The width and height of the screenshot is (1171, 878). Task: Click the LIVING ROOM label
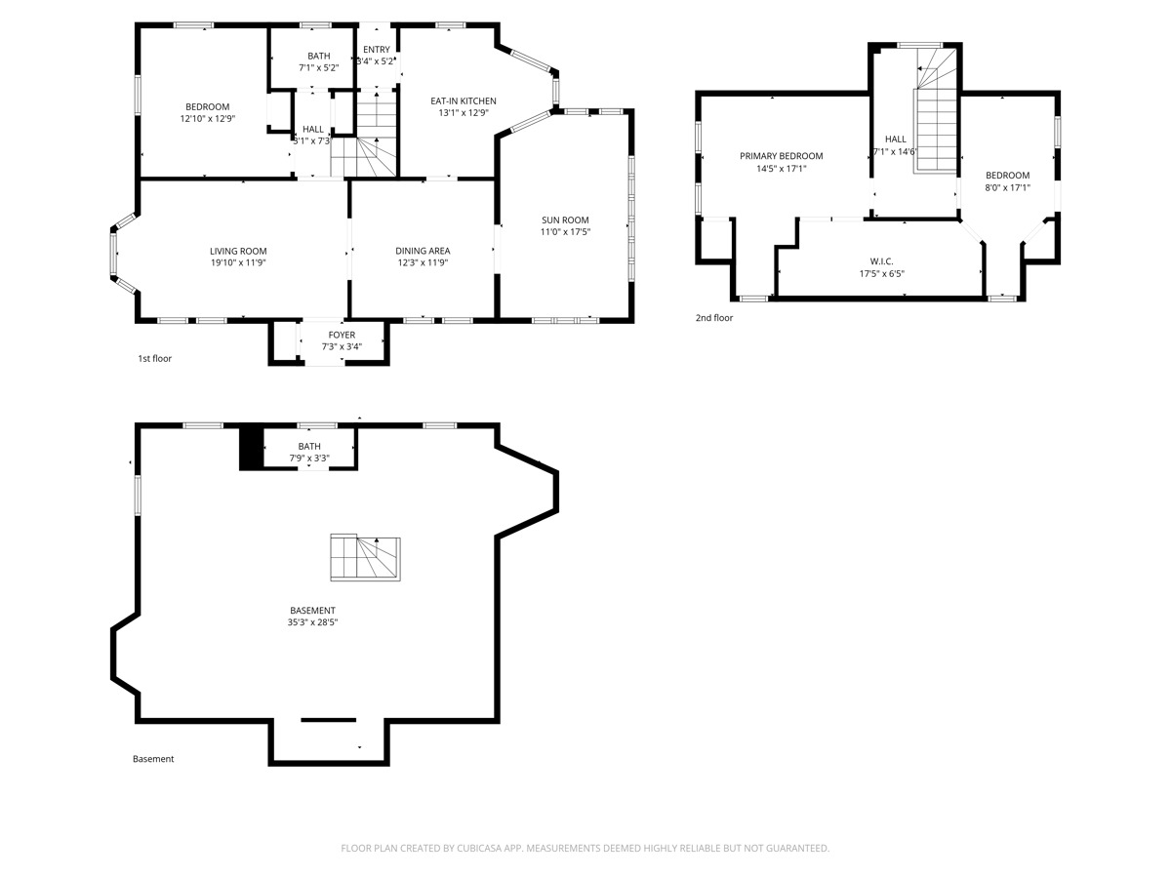(238, 251)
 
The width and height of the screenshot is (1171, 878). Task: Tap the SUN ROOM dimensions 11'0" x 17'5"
(565, 232)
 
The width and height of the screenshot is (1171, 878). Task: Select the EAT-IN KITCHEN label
(464, 100)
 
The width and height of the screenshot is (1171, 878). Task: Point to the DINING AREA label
(423, 251)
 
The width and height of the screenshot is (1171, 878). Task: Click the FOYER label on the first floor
(342, 335)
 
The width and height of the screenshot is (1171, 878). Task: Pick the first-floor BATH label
(318, 56)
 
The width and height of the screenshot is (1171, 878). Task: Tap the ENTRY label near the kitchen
(377, 50)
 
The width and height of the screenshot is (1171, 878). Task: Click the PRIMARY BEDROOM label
(781, 156)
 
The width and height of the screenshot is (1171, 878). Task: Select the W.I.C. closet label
(881, 261)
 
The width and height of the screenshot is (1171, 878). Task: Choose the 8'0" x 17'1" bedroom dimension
(1007, 188)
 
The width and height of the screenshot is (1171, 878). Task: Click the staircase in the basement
(365, 558)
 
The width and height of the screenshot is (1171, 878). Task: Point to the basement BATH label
(309, 446)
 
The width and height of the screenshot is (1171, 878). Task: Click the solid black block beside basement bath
(252, 448)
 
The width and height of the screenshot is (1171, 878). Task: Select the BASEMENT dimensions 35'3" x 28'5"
(312, 622)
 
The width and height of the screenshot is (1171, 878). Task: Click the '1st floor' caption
(154, 359)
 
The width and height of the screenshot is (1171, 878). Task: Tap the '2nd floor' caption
(713, 318)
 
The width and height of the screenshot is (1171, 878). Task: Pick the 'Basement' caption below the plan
(153, 759)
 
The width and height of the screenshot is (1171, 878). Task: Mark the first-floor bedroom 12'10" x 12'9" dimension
(207, 119)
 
